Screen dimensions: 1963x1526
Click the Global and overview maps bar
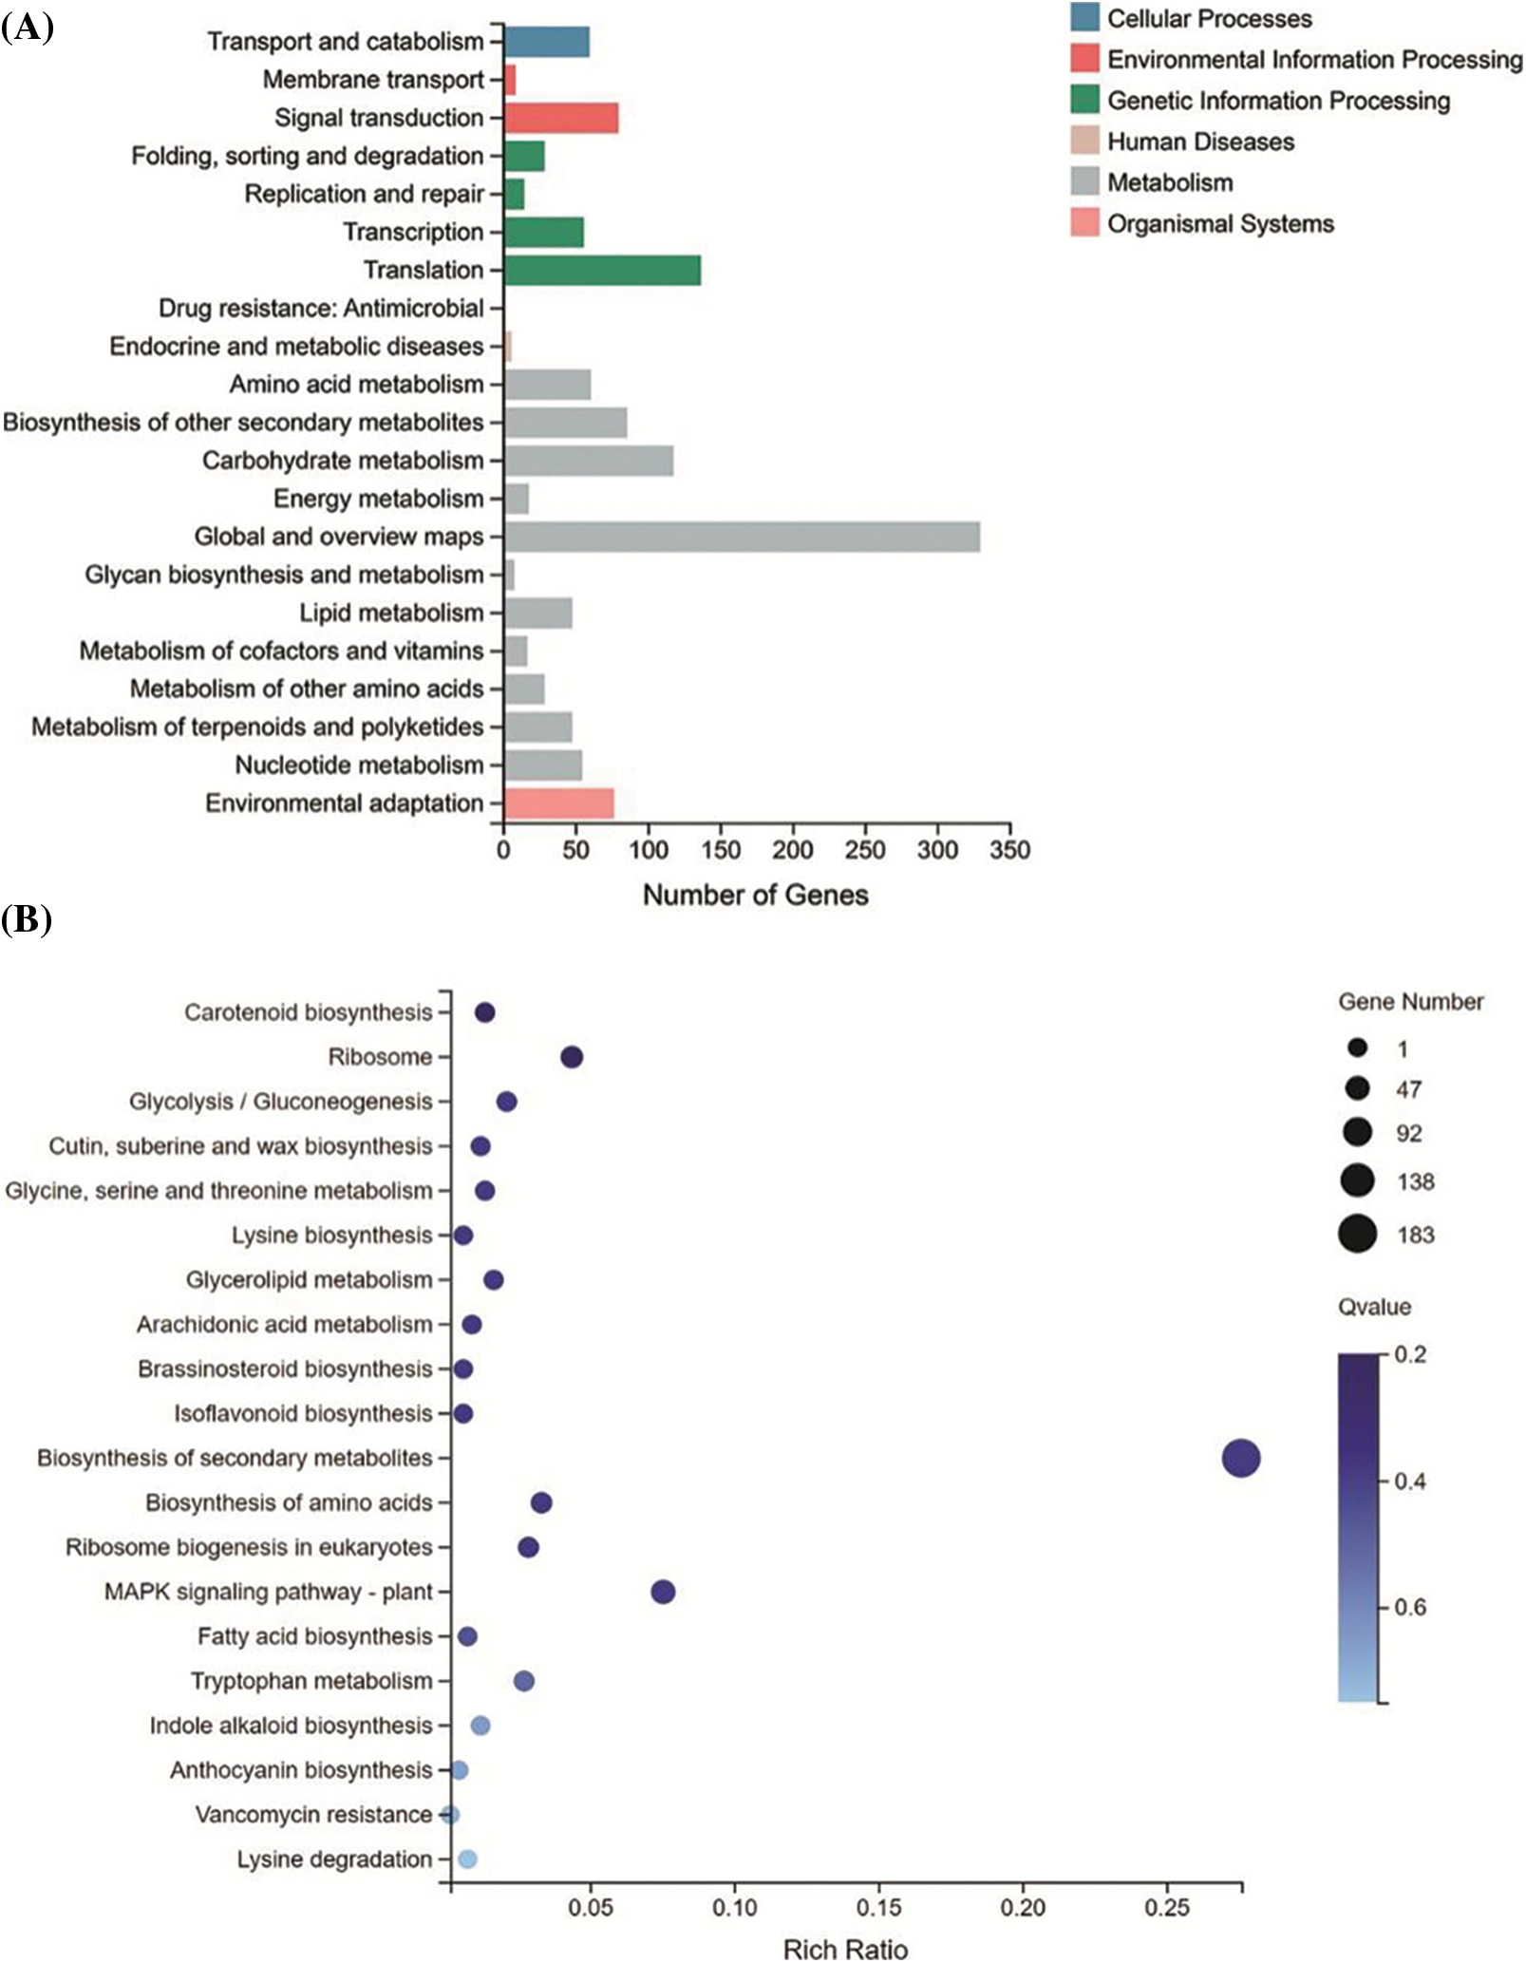click(x=742, y=537)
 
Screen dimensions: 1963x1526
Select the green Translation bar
click(x=602, y=270)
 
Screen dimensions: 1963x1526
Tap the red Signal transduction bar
click(x=561, y=118)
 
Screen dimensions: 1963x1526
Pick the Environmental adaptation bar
click(x=558, y=803)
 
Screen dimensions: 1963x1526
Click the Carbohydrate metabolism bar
click(x=589, y=461)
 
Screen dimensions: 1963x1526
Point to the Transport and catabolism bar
click(x=546, y=42)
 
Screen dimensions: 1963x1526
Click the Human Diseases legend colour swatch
click(x=1084, y=142)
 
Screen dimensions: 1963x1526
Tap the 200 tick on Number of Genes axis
click(x=792, y=849)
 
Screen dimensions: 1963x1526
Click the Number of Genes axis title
click(x=755, y=895)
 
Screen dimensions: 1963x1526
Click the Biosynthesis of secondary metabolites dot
click(x=1240, y=1458)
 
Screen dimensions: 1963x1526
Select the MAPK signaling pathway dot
click(x=663, y=1592)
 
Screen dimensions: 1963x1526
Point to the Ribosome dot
click(x=572, y=1057)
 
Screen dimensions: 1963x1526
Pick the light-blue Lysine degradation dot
click(x=466, y=1859)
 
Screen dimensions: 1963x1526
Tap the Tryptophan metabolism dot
click(x=523, y=1681)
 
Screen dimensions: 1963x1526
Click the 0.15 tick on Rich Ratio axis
click(x=878, y=1907)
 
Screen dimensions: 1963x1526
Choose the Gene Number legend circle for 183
click(x=1358, y=1235)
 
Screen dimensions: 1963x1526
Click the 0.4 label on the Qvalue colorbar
click(x=1409, y=1482)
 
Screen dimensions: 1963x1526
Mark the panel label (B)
click(x=27, y=919)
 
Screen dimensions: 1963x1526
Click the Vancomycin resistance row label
click(x=313, y=1815)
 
